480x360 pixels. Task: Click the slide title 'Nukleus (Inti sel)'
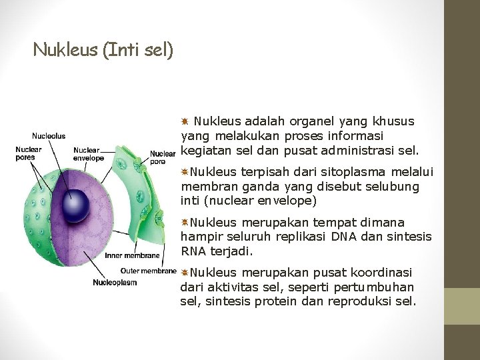point(103,50)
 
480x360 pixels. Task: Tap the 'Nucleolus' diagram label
point(49,136)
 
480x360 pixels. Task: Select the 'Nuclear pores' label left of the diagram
point(29,153)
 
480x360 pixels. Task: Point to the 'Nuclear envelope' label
point(89,154)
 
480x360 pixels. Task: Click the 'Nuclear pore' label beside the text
point(162,157)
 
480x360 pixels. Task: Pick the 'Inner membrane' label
point(132,255)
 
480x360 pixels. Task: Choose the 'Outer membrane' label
point(148,271)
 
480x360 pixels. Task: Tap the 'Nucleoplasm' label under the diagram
point(115,282)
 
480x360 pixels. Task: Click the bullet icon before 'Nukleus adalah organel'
point(185,122)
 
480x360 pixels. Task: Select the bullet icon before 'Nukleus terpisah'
point(184,173)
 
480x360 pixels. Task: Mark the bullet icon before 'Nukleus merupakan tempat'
point(184,222)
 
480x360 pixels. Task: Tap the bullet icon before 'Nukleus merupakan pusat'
point(184,273)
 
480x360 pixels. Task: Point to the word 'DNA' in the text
point(353,237)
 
